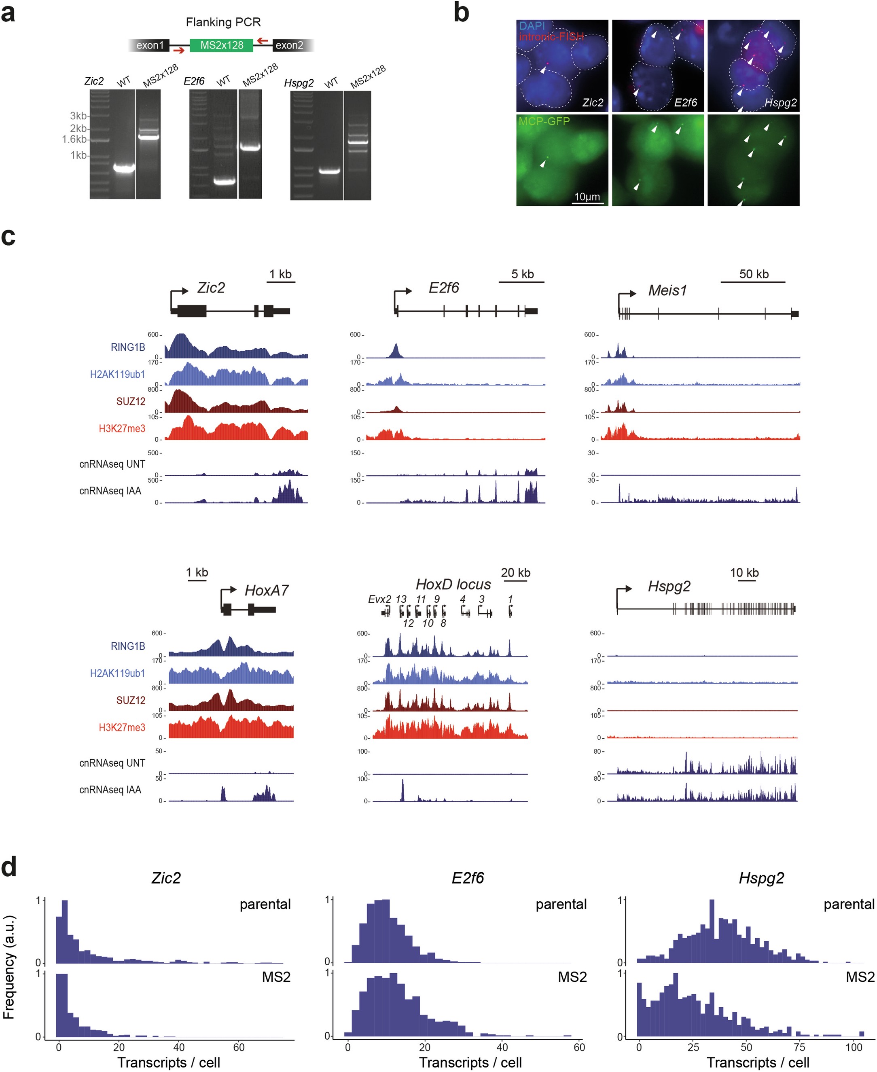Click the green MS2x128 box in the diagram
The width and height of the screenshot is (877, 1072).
221,45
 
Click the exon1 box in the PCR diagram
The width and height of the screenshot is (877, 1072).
150,45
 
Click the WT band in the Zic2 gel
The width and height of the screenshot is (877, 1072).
123,168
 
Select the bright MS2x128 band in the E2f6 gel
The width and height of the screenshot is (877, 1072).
250,147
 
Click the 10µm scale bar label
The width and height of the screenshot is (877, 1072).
587,197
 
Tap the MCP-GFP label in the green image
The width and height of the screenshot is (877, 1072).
544,121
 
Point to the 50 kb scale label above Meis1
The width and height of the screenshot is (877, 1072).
754,274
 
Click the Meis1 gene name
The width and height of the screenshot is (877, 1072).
667,290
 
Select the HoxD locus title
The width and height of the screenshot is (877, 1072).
453,585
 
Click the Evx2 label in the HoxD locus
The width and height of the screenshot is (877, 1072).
379,599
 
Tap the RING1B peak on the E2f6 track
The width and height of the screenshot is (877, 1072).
396,349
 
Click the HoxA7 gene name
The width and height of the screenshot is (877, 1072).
266,590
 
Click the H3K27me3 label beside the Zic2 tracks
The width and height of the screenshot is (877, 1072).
122,428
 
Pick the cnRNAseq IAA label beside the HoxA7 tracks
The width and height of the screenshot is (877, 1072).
110,790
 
